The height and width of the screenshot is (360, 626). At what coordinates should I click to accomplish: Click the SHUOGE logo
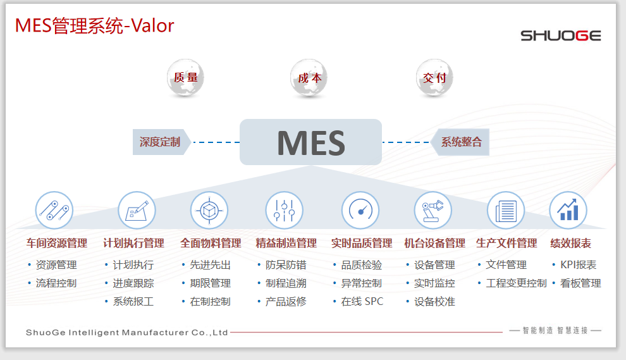tap(560, 35)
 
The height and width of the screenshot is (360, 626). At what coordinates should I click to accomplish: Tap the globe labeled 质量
tap(186, 78)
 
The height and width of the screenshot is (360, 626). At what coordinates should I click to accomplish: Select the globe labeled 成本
tap(309, 78)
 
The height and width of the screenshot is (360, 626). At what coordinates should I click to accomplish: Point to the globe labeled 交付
tap(434, 78)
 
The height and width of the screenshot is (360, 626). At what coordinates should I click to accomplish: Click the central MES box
tap(310, 142)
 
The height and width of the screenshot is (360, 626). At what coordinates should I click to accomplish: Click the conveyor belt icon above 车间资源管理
tap(54, 210)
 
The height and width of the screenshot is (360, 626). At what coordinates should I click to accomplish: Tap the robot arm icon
tap(433, 210)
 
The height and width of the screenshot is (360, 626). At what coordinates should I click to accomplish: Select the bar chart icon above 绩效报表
tap(568, 210)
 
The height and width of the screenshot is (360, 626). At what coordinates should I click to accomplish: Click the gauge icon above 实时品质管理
tap(360, 210)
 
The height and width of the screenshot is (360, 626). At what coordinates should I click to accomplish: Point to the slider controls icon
tap(285, 210)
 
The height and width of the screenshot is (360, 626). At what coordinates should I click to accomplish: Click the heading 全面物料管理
tap(211, 243)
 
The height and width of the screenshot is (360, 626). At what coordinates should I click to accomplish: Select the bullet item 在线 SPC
tap(362, 301)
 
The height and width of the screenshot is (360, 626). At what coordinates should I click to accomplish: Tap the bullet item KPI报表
tap(578, 264)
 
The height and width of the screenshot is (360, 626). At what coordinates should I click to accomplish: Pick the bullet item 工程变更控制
tap(516, 283)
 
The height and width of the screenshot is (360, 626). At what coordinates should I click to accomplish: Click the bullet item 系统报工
tap(133, 301)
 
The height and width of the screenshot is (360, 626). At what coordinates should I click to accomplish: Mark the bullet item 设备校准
tap(434, 301)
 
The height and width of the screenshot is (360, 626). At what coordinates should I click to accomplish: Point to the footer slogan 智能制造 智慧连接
tap(555, 330)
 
